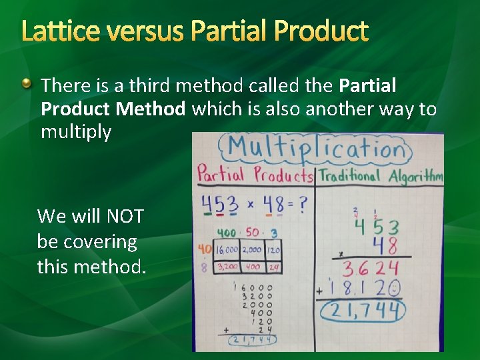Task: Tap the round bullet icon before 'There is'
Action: [x=25, y=83]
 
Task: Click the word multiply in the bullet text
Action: [x=76, y=132]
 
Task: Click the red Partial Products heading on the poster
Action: [x=255, y=175]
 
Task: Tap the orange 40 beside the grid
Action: [x=204, y=249]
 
